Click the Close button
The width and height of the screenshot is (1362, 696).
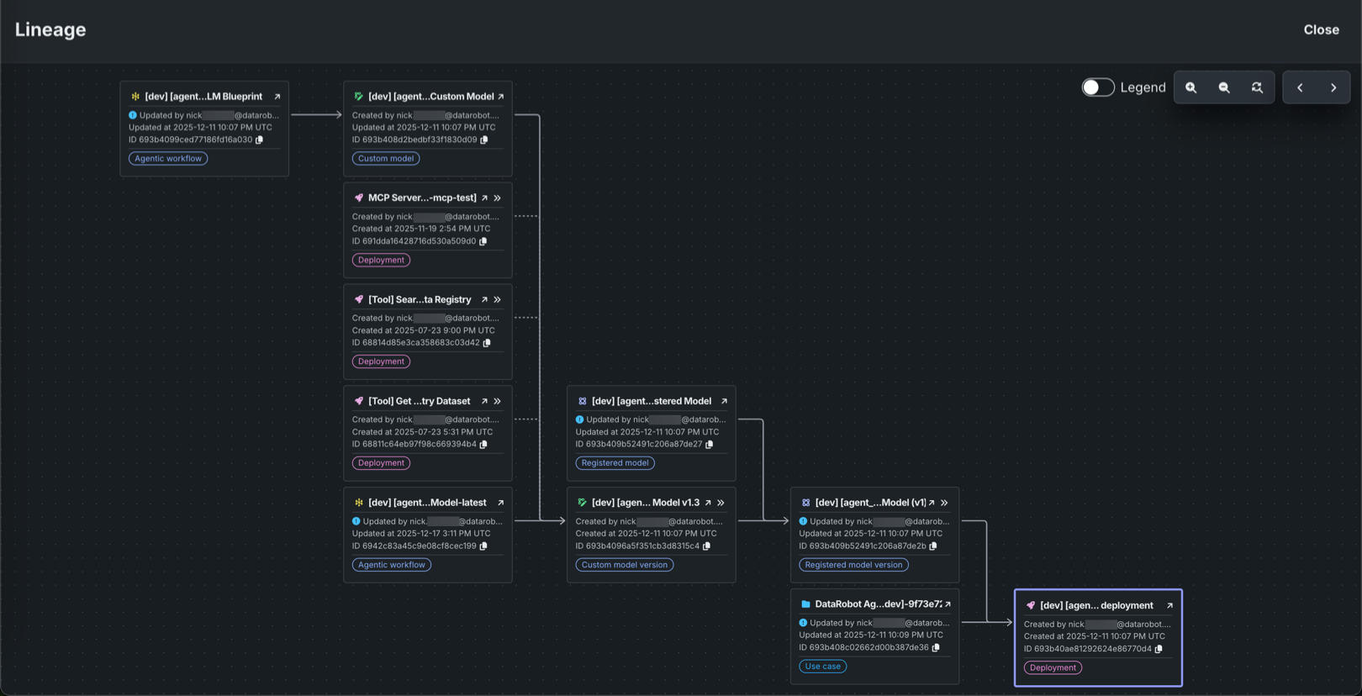click(x=1321, y=29)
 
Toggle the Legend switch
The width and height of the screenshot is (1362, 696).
click(x=1097, y=87)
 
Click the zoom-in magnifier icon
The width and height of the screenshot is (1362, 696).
click(x=1190, y=87)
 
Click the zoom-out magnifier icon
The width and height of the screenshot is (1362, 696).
click(x=1224, y=87)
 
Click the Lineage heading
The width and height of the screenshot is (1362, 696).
click(x=50, y=29)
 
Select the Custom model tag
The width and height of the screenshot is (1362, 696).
click(x=386, y=159)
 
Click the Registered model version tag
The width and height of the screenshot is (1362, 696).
click(x=853, y=565)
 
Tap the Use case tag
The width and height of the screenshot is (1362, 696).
click(x=822, y=667)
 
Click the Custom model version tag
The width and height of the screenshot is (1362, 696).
click(x=624, y=565)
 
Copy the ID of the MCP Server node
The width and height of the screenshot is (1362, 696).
click(x=483, y=241)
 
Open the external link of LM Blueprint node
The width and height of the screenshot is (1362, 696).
click(x=277, y=97)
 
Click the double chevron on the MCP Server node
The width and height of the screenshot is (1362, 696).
click(x=498, y=198)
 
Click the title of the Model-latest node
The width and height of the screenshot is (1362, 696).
click(x=427, y=503)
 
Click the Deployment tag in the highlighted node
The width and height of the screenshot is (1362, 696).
click(x=1053, y=667)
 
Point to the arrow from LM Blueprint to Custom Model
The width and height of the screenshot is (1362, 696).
click(x=316, y=115)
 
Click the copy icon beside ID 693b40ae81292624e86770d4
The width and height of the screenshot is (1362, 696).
click(x=1159, y=649)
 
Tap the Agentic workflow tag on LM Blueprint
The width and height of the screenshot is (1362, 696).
click(x=168, y=159)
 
